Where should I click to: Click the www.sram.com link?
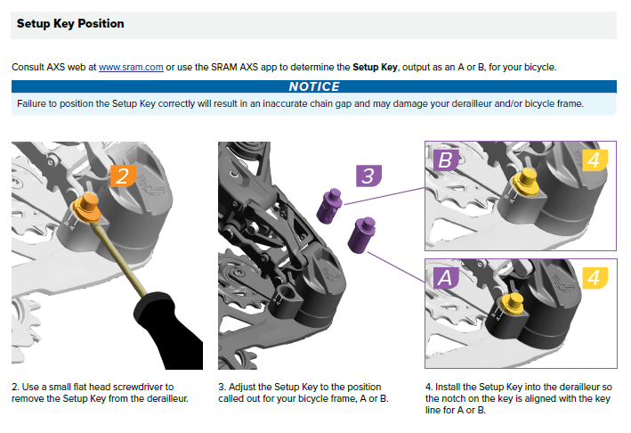click(131, 67)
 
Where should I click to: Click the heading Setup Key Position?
click(70, 24)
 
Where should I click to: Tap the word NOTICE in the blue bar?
click(314, 86)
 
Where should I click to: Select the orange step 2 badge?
click(123, 176)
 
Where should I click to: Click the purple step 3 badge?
click(368, 176)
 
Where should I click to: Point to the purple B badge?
click(446, 159)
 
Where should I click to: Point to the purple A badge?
click(446, 278)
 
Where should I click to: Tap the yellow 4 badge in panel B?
click(595, 159)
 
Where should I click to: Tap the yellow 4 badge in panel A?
click(595, 278)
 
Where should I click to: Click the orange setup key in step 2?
click(87, 207)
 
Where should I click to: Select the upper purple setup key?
click(329, 206)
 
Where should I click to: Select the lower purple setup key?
click(361, 235)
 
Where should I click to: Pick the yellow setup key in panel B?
click(526, 182)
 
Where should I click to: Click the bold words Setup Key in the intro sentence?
click(375, 67)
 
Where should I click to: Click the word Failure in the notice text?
click(31, 104)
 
